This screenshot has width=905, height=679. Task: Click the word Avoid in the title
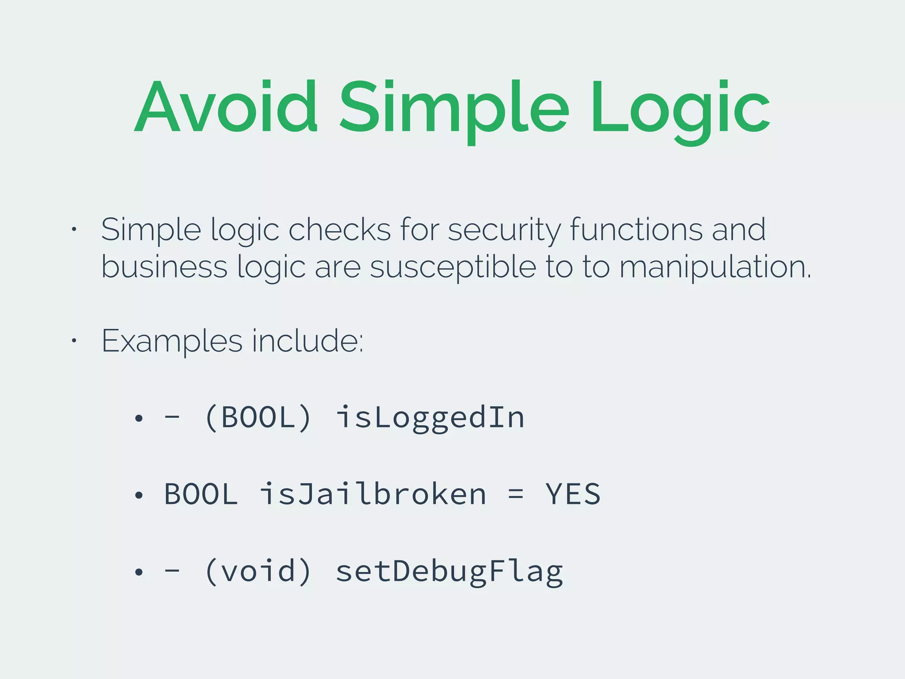pyautogui.click(x=225, y=107)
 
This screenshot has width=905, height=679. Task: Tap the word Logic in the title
pyautogui.click(x=681, y=107)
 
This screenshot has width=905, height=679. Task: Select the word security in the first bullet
pyautogui.click(x=504, y=230)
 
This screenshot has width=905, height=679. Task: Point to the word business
pyautogui.click(x=164, y=267)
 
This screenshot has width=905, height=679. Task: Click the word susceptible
pyautogui.click(x=452, y=267)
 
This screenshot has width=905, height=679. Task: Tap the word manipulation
pyautogui.click(x=715, y=267)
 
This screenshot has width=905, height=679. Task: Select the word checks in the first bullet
pyautogui.click(x=339, y=230)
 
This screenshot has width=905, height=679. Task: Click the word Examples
pyautogui.click(x=172, y=341)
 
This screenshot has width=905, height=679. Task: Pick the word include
pyautogui.click(x=307, y=341)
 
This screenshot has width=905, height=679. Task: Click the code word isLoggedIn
pyautogui.click(x=430, y=417)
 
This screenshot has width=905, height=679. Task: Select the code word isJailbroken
pyautogui.click(x=373, y=494)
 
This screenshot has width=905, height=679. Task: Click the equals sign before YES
pyautogui.click(x=516, y=494)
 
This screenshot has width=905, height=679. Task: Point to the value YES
pyautogui.click(x=573, y=494)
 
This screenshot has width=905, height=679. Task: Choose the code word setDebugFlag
pyautogui.click(x=449, y=571)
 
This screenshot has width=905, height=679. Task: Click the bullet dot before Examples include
pyautogui.click(x=74, y=340)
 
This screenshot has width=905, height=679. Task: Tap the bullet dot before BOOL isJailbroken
pyautogui.click(x=139, y=495)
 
